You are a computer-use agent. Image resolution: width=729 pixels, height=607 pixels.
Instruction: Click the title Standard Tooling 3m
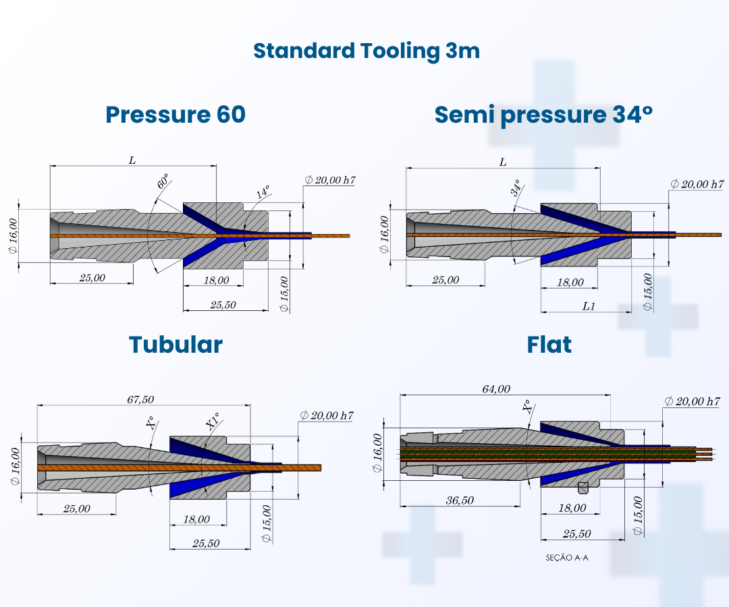click(x=367, y=51)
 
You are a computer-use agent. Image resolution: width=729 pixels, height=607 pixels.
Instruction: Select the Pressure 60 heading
click(x=175, y=115)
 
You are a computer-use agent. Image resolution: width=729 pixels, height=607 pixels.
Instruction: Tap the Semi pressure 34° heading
click(x=543, y=115)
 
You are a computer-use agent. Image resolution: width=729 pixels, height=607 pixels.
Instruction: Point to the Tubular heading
click(x=175, y=345)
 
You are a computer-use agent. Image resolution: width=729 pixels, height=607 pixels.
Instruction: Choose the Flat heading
click(x=549, y=345)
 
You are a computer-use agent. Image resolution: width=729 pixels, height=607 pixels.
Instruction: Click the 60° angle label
click(x=163, y=183)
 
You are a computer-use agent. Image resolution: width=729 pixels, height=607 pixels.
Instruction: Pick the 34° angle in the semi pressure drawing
click(x=516, y=188)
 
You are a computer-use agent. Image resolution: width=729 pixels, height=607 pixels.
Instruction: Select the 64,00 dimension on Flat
click(x=496, y=389)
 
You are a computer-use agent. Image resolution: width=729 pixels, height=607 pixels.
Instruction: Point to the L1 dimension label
click(x=589, y=306)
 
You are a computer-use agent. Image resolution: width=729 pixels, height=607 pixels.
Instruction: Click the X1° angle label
click(x=213, y=422)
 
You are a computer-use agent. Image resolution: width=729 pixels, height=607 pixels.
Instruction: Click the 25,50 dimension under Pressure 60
click(x=223, y=305)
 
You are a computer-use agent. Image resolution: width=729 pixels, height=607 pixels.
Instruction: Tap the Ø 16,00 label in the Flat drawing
click(x=378, y=457)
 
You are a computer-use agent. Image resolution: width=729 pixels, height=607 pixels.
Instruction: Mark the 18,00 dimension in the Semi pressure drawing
click(x=570, y=283)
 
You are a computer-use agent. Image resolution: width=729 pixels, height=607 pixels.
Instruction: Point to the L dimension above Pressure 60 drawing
click(x=132, y=161)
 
